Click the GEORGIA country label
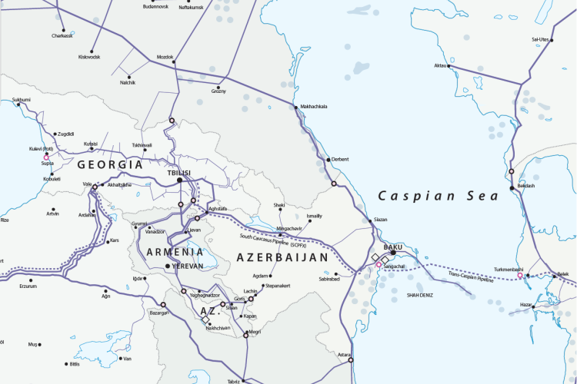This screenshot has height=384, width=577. coord(111,164)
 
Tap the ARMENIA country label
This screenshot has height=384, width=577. coord(169,252)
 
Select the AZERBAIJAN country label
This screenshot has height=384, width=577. coord(282,257)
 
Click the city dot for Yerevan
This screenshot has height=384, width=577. coord(168,266)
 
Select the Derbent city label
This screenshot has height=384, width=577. coord(339,159)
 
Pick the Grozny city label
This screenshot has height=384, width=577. coord(218,91)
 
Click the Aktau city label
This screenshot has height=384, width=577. coord(441,66)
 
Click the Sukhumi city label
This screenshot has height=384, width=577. coord(21,100)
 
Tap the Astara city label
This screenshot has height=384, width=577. coord(343,354)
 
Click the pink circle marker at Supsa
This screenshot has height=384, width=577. coord(47,157)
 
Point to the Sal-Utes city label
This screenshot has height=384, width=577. coord(539,39)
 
